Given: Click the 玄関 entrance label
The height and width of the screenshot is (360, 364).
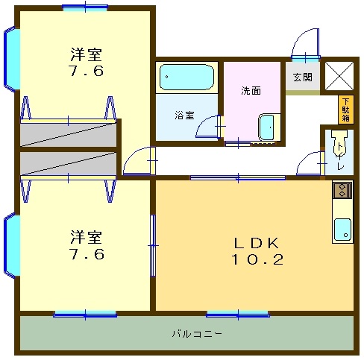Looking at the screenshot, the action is (303, 78).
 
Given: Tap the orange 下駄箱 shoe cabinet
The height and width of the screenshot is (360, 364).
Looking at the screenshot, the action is (346, 110).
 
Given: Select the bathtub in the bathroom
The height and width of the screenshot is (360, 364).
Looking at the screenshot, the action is (186, 78).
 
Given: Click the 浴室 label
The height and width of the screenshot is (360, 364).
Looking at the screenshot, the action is (184, 116).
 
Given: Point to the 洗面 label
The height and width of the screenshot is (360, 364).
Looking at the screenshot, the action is (251, 91).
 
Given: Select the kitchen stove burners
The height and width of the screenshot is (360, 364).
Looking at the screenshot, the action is (342, 190).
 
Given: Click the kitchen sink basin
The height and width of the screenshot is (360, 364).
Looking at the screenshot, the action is (342, 230).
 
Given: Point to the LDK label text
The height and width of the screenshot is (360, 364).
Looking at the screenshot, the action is (257, 243).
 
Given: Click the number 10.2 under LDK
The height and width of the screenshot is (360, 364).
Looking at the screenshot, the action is (257, 259).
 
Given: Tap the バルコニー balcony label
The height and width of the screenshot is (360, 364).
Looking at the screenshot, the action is (196, 333).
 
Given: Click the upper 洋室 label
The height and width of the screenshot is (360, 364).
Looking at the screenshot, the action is (87, 54).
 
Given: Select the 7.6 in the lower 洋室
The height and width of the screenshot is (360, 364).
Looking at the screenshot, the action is (87, 254).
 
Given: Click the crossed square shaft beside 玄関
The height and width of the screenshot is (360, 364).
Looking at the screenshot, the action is (339, 76).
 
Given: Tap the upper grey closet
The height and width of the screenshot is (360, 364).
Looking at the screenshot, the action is (68, 134).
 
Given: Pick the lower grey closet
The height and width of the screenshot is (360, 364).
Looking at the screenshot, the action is (68, 164).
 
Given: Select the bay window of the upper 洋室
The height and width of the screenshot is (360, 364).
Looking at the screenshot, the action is (12, 59).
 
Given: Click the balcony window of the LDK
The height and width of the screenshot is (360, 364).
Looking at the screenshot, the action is (238, 315).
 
